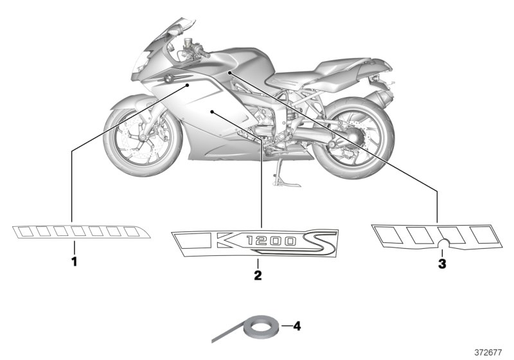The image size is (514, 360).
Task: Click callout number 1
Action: coord(75,262)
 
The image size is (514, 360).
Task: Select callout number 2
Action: coord(258,275)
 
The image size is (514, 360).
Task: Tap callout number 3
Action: coord(442,264)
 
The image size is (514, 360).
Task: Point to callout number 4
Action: coord(297,326)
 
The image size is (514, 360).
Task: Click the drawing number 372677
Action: coord(488,352)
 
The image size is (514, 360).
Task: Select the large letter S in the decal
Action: coord(317,242)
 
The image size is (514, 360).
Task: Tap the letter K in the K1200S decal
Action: coord(229,240)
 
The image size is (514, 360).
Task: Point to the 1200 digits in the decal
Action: coord(271,241)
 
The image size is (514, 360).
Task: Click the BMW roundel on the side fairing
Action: coord(168,78)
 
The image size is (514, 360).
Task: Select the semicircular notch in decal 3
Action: coord(445,242)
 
